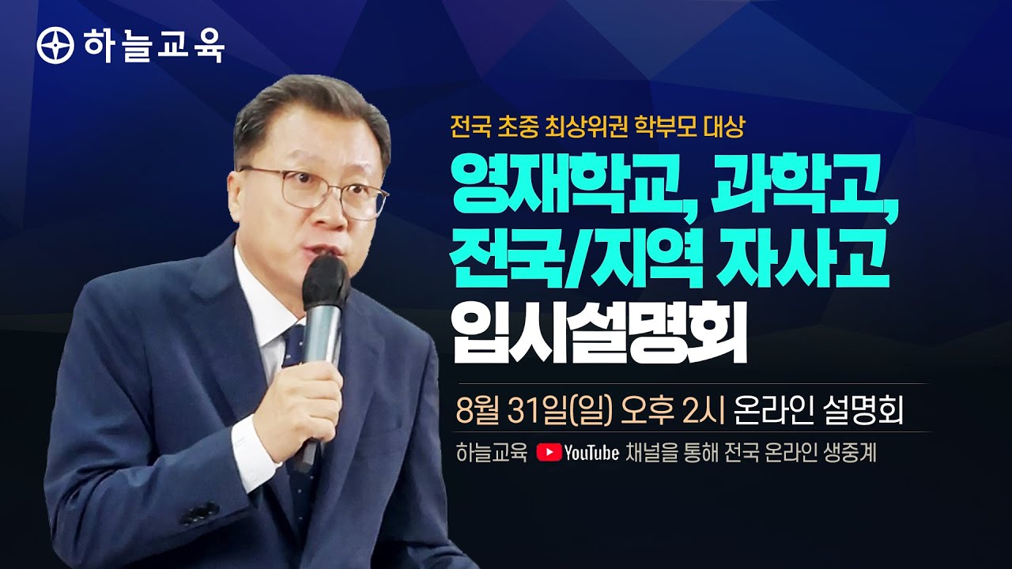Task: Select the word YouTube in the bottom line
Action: pos(591,453)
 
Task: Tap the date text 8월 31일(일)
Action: pos(535,410)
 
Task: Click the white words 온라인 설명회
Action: pos(818,410)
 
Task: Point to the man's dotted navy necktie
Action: pos(297,395)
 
